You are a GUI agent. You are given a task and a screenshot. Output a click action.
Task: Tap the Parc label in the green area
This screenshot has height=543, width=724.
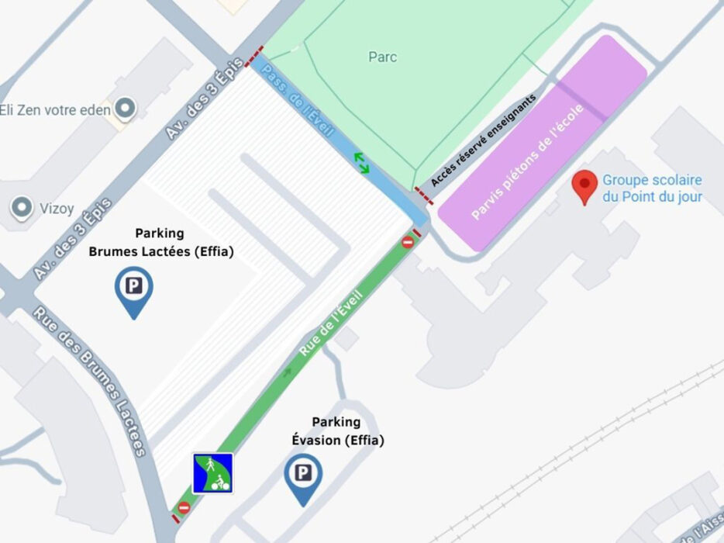click(383, 57)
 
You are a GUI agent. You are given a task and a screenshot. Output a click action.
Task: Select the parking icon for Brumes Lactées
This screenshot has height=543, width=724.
click(133, 288)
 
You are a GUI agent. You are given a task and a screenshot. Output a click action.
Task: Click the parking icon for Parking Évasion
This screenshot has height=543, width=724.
click(302, 475)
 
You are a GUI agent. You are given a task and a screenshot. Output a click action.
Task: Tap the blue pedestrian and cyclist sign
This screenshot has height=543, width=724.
click(213, 473)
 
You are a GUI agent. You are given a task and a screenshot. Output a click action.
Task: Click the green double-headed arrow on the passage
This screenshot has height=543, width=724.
click(362, 162)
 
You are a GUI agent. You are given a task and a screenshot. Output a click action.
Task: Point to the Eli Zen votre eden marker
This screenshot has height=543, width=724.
click(124, 109)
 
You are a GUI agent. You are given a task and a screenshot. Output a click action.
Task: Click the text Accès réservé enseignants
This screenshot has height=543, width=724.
click(483, 141)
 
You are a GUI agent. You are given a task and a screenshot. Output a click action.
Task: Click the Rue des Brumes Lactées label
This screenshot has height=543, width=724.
click(90, 382)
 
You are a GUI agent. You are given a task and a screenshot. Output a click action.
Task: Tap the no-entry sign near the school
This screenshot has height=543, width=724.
click(408, 243)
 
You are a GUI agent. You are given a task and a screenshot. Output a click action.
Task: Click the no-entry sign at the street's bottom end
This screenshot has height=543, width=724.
click(184, 508)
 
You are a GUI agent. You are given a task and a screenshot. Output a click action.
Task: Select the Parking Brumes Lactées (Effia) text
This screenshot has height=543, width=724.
click(160, 242)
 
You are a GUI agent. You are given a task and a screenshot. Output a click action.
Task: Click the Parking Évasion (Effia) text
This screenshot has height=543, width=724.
click(337, 431)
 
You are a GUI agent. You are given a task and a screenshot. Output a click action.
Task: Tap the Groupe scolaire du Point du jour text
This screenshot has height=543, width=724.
click(652, 187)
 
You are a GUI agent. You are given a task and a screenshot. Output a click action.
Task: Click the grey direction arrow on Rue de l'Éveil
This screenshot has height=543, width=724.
click(288, 373)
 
